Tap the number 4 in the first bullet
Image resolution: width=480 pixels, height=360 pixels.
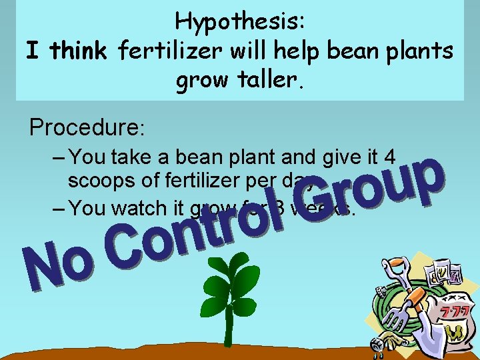click(x=389, y=157)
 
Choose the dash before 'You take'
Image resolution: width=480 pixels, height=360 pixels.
click(x=59, y=157)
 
